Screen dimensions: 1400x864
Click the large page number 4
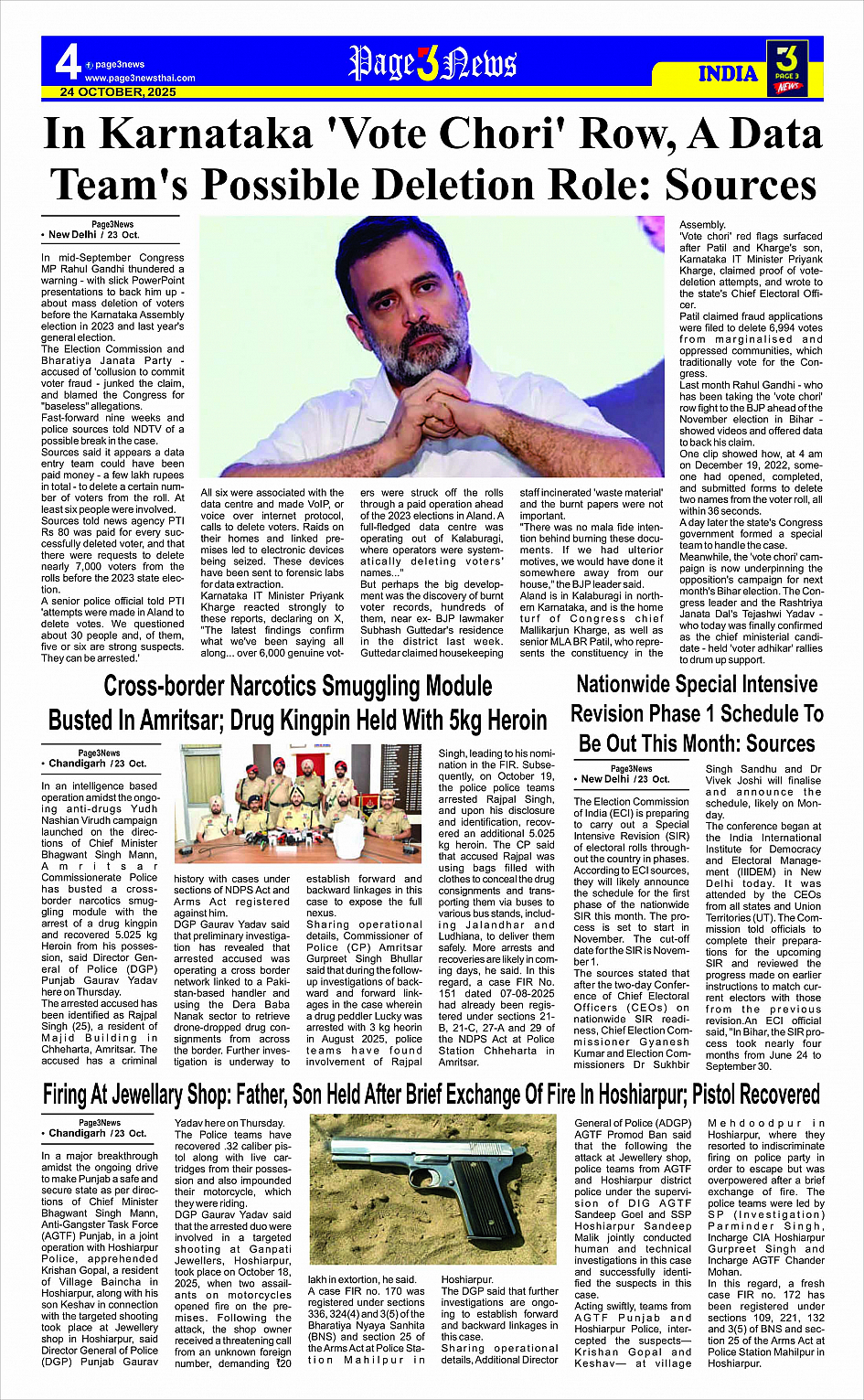coord(67,63)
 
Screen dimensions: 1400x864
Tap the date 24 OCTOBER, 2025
coord(118,92)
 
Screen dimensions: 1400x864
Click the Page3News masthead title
coord(432,64)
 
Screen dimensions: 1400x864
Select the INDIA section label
coord(728,74)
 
